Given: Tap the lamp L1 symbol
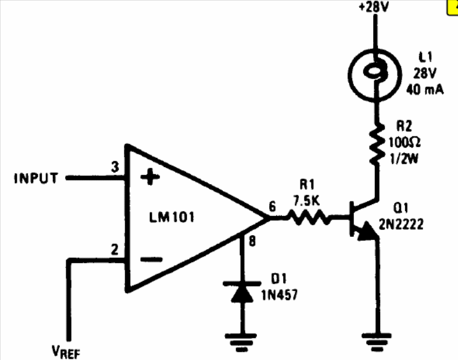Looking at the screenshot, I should pos(375,72).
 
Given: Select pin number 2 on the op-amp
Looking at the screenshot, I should pos(115,251).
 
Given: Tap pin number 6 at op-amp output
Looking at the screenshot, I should pos(273,207).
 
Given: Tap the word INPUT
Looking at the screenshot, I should pos(35,179).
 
